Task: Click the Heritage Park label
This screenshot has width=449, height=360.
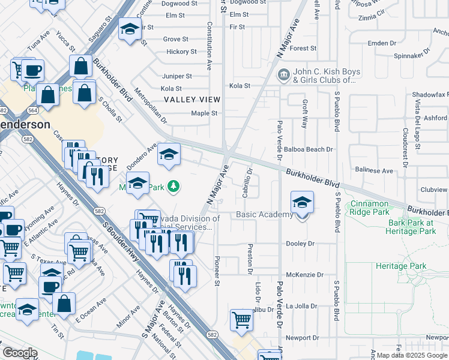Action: pyautogui.click(x=400, y=266)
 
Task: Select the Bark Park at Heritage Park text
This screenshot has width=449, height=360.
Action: pyautogui.click(x=415, y=227)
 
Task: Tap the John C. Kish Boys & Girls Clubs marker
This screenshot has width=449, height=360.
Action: pyautogui.click(x=282, y=76)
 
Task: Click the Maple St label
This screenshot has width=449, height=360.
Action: pyautogui.click(x=204, y=113)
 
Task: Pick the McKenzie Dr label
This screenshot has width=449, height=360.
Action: pyautogui.click(x=304, y=275)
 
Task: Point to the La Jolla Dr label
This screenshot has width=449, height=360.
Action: pyautogui.click(x=301, y=306)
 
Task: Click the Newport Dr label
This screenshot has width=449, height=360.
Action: pyautogui.click(x=302, y=338)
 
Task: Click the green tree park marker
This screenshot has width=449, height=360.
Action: pyautogui.click(x=173, y=187)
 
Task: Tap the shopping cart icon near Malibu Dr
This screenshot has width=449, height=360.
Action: pyautogui.click(x=241, y=320)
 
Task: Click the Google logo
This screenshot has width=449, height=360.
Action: pyautogui.click(x=20, y=353)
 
